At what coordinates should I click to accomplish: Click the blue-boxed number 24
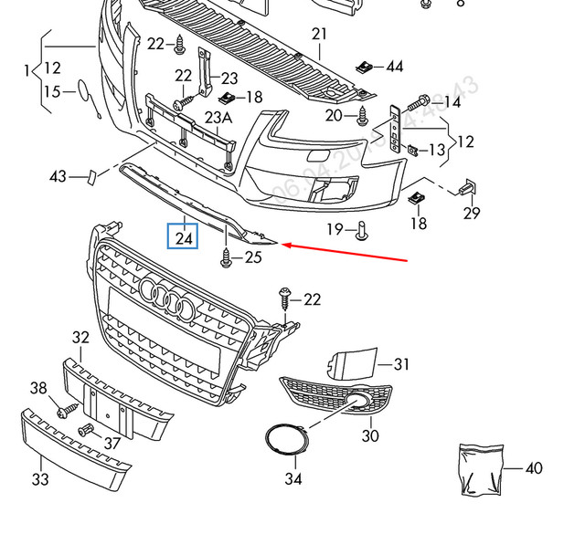click(x=185, y=239)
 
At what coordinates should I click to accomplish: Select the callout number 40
click(x=534, y=469)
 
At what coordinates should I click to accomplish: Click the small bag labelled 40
click(x=480, y=466)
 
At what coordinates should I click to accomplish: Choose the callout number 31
click(x=402, y=364)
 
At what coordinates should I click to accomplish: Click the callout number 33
click(x=41, y=478)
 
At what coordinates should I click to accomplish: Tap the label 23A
click(x=218, y=118)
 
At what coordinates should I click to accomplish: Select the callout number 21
click(x=318, y=35)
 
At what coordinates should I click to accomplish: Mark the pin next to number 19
click(x=361, y=230)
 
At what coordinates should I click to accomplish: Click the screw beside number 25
click(x=225, y=258)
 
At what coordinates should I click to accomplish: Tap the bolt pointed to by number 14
click(x=422, y=102)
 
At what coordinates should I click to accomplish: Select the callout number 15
click(x=51, y=92)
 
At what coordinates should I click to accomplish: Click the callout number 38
click(x=37, y=389)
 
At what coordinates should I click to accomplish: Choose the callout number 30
click(x=370, y=436)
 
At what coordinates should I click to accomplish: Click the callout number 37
click(x=112, y=443)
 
